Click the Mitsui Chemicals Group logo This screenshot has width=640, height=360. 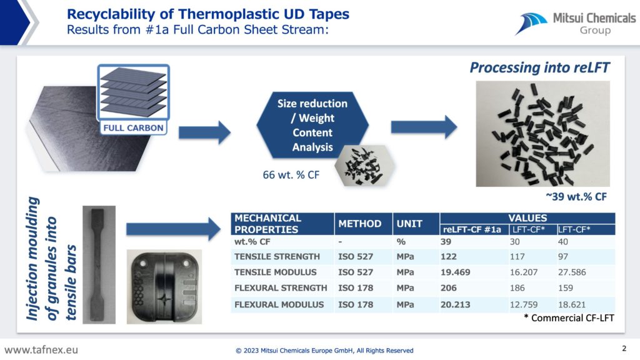575,24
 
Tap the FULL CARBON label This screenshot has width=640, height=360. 133,127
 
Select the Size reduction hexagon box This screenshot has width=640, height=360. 312,125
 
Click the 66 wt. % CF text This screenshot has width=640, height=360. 291,175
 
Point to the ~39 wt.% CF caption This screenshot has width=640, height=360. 576,197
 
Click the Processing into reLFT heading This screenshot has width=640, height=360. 539,67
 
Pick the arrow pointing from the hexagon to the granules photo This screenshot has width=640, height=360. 424,127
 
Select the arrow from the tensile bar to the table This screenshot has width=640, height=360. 174,229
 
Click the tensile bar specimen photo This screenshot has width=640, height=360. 99,264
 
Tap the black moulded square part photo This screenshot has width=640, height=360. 164,286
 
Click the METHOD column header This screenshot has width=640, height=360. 359,224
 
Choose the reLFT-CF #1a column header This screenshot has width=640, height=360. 472,230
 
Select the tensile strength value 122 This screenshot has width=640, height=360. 449,257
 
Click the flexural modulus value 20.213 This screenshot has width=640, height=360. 455,304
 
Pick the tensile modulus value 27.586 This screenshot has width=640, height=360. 572,272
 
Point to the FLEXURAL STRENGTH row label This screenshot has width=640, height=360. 281,287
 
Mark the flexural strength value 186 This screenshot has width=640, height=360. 517,287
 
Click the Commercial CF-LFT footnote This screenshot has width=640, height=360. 569,318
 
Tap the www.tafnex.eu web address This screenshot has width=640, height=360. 41,350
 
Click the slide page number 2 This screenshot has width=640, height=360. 624,348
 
